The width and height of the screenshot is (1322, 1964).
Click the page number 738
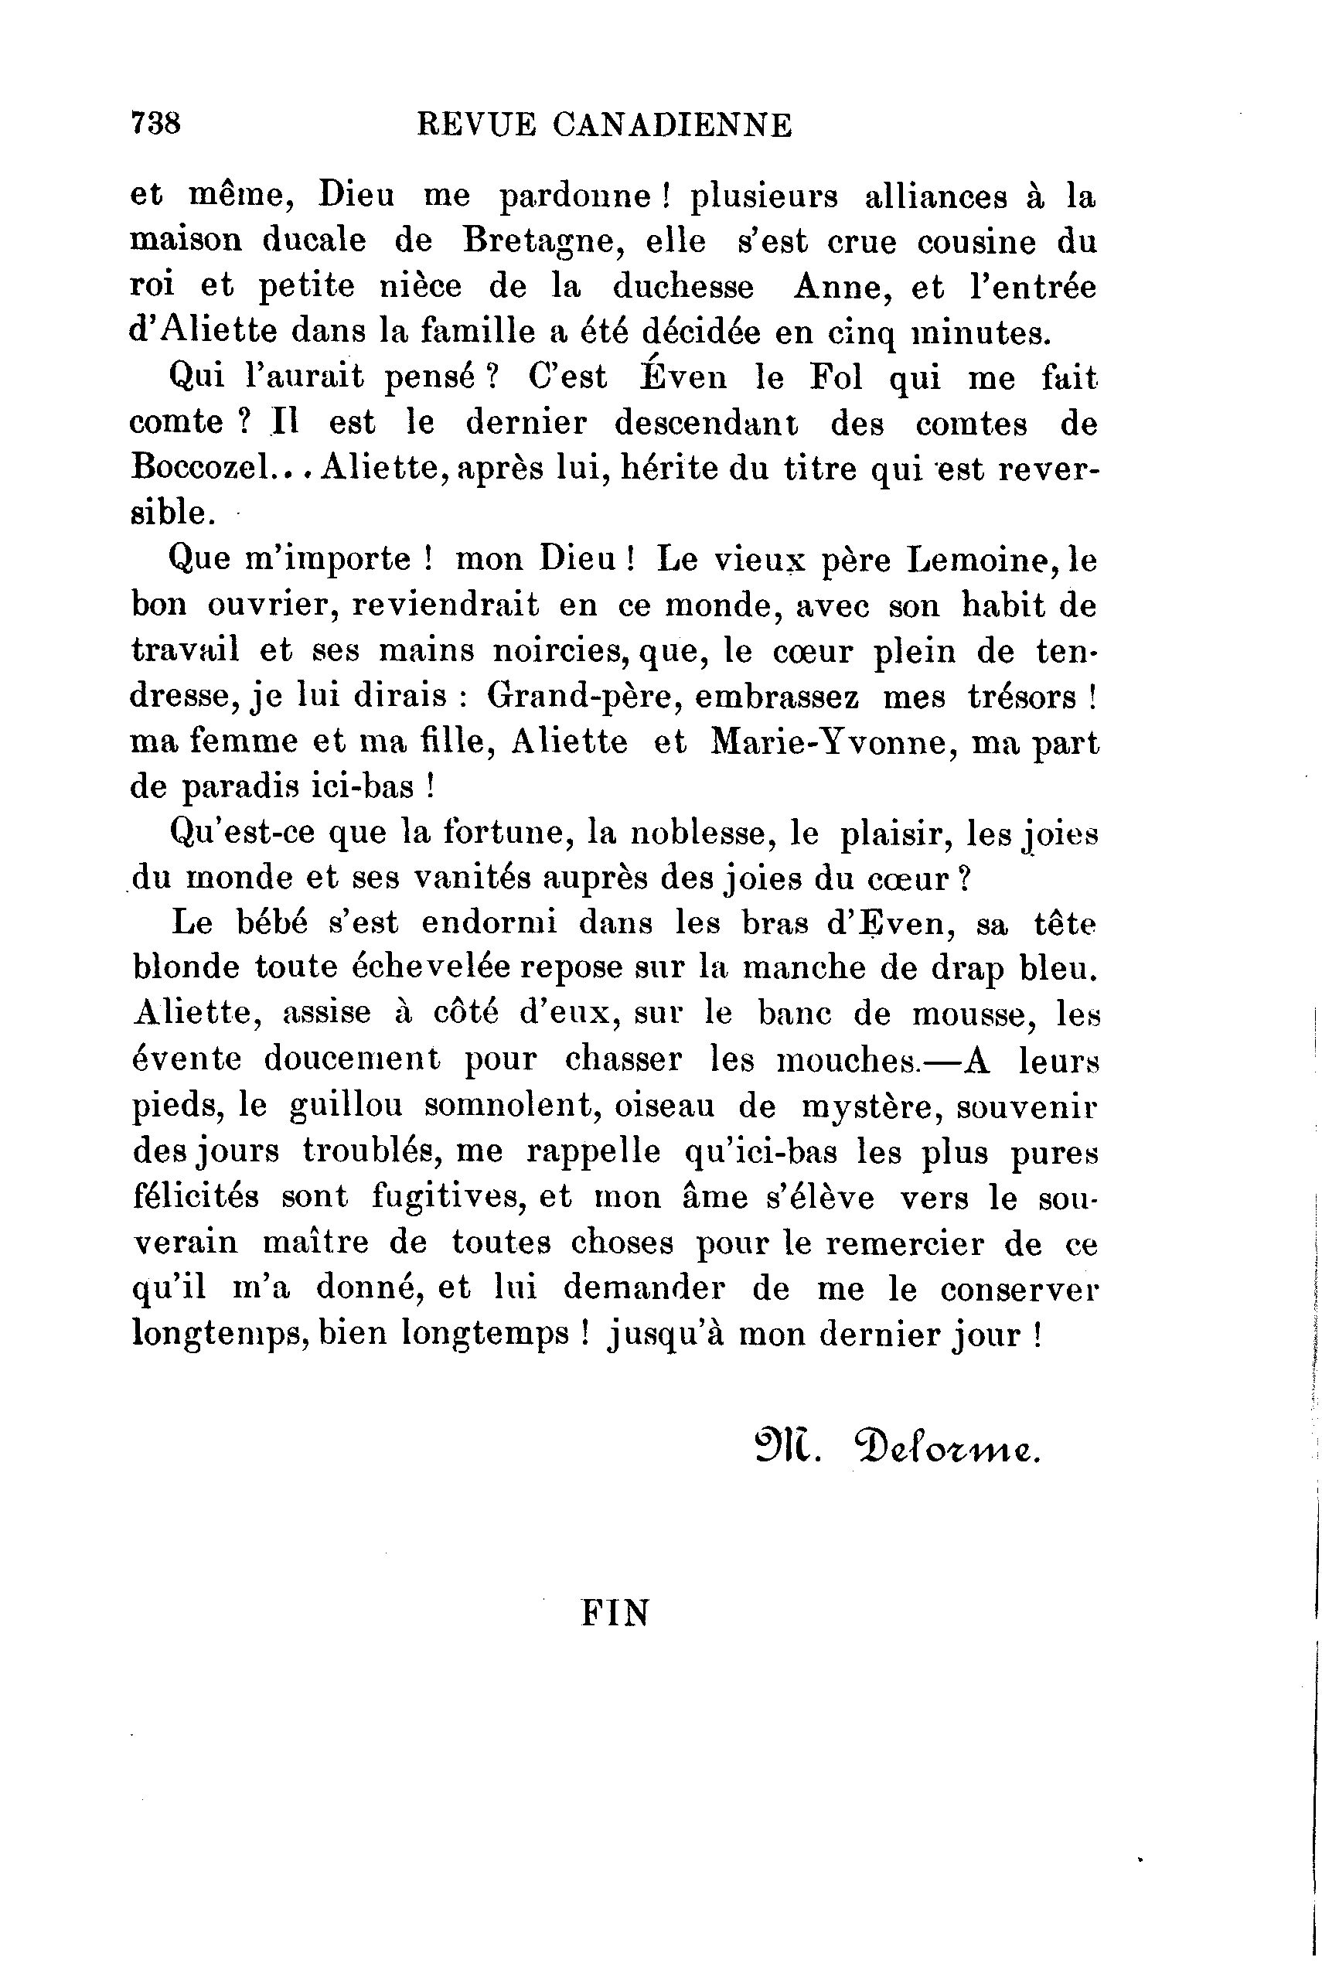156,124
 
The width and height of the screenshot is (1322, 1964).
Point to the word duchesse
683,288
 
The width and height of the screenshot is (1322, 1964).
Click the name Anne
837,288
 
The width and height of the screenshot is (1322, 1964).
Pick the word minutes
983,333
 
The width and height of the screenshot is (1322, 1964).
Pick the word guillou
346,1106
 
